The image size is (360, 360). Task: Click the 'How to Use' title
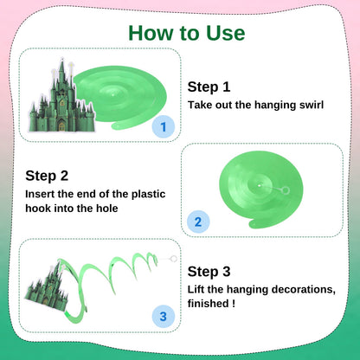[187, 33]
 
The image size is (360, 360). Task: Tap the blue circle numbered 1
[164, 126]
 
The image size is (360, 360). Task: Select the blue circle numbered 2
[198, 222]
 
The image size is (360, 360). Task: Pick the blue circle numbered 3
[164, 317]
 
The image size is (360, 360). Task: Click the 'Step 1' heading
[209, 87]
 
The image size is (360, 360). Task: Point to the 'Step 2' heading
[47, 176]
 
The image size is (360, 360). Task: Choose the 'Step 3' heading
[209, 272]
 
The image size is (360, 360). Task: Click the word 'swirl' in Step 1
[312, 105]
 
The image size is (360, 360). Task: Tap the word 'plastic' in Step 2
[148, 194]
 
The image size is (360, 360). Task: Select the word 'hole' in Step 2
[107, 208]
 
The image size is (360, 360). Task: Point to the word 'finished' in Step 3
[208, 303]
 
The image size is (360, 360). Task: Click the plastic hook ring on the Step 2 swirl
[286, 190]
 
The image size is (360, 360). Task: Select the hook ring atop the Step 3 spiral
[173, 259]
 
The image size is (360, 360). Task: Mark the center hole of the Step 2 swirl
[260, 186]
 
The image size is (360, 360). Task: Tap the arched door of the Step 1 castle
[61, 125]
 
